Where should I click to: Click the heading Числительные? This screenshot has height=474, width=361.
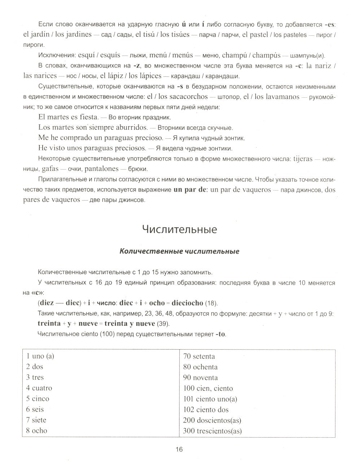pos(179,229)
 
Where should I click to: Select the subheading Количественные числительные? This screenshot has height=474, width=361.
pos(179,251)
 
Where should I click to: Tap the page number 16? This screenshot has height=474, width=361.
pos(179,449)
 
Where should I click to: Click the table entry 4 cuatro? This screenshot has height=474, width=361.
pos(39,388)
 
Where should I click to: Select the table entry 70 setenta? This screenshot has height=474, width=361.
pos(199,356)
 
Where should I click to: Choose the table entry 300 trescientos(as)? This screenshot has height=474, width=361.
pos(212,431)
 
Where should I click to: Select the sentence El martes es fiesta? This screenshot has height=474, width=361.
pos(68,117)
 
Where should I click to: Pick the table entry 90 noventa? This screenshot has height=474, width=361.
pos(200,378)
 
